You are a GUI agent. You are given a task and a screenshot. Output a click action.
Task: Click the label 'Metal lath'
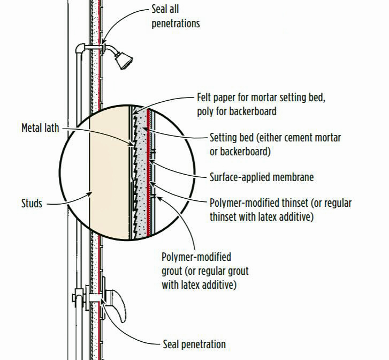(x=40, y=128)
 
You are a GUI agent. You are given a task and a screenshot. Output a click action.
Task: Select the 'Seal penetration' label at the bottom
(x=194, y=344)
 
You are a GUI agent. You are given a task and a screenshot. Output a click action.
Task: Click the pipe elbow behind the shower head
(x=81, y=49)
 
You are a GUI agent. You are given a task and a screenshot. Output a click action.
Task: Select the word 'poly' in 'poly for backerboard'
(x=205, y=111)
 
